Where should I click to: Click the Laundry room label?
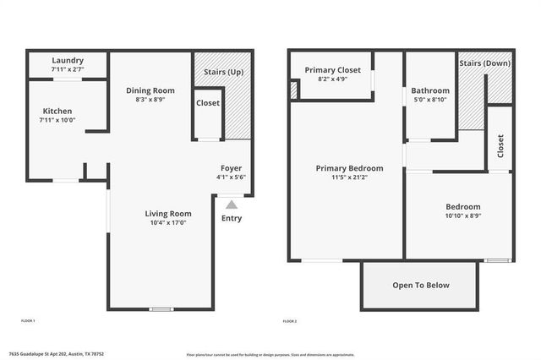[67, 60]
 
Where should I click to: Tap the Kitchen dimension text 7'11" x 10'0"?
[57, 120]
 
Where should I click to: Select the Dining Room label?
[150, 90]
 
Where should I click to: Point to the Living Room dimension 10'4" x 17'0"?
[168, 223]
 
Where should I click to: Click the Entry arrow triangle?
[232, 204]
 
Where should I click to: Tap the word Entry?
[231, 218]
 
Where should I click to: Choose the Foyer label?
[231, 168]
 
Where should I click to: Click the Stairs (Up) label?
[224, 72]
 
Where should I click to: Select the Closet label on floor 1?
[208, 103]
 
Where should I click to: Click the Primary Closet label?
[333, 70]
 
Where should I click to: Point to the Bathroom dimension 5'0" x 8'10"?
[430, 100]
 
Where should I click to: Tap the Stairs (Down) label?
[485, 63]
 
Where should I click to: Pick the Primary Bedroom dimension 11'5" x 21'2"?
[349, 177]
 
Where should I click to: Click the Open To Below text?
[421, 285]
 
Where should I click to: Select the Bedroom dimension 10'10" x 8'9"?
[463, 216]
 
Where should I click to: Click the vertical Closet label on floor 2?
[500, 145]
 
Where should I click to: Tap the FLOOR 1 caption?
[27, 321]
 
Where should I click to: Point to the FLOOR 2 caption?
[290, 321]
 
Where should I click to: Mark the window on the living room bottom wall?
[161, 309]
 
